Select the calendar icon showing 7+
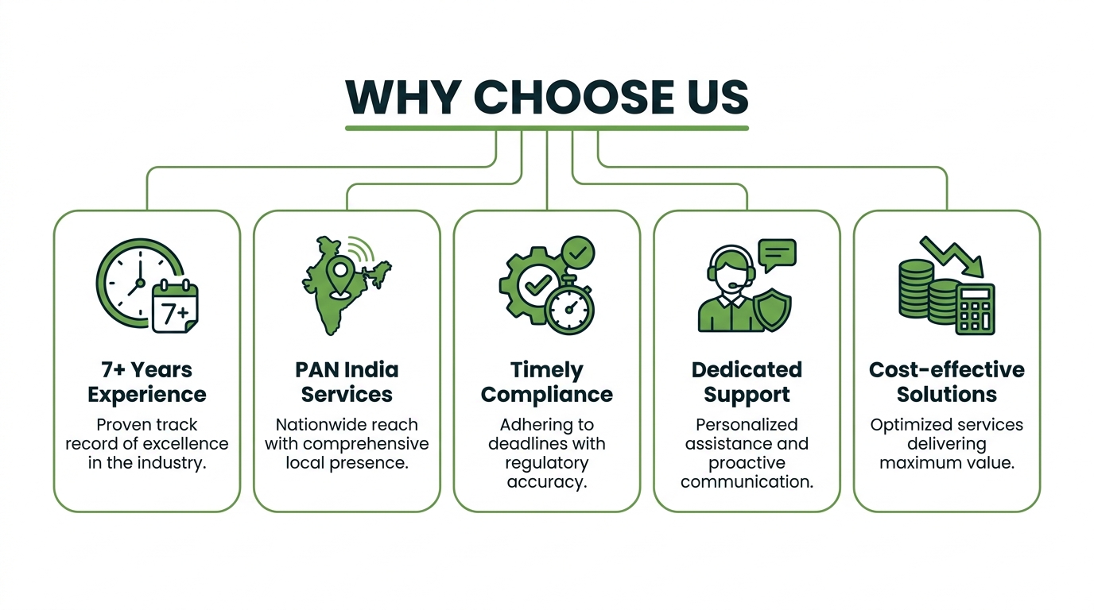176,306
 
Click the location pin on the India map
340,276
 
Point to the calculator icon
975,310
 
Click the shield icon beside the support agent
772,310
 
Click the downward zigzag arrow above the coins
952,257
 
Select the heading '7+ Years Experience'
147,382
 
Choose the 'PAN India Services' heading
347,382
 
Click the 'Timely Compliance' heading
546,382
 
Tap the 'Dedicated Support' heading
747,382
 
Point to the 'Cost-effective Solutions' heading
946,382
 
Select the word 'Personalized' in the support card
747,425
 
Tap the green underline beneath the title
547,129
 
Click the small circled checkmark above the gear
578,253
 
